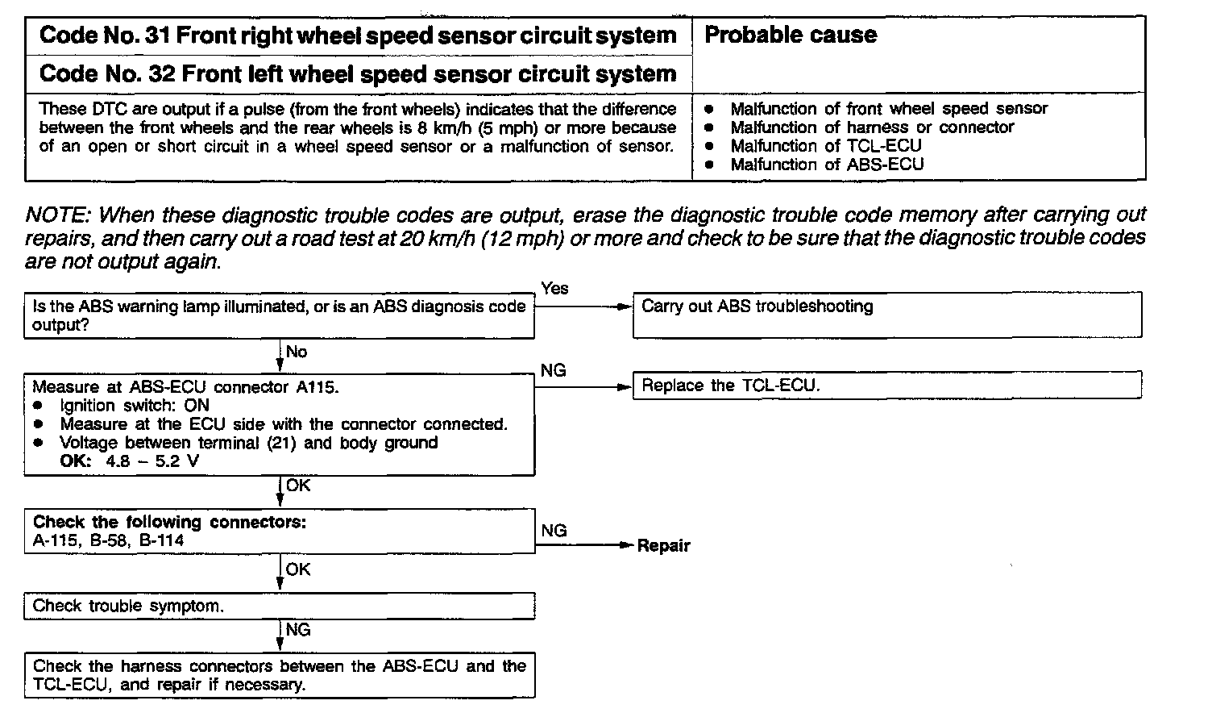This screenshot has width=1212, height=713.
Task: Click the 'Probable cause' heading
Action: click(x=790, y=35)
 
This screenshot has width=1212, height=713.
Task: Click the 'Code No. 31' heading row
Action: click(x=358, y=35)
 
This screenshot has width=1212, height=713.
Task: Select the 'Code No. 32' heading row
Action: click(x=358, y=74)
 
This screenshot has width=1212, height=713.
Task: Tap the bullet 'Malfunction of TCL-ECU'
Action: click(x=825, y=146)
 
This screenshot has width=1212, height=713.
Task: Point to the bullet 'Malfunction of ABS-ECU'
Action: click(x=826, y=165)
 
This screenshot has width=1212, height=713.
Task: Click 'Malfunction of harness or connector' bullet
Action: click(x=871, y=127)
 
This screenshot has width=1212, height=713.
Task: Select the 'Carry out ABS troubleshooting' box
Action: click(x=886, y=314)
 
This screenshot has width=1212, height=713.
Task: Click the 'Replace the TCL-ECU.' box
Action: click(x=886, y=385)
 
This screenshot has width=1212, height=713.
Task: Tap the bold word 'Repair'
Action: click(x=663, y=546)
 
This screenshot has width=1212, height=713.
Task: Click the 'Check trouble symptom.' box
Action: click(x=279, y=606)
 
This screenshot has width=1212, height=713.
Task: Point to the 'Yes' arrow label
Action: click(x=554, y=289)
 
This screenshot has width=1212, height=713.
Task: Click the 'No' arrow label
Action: click(x=297, y=352)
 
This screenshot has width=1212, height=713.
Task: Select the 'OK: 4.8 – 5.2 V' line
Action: click(x=129, y=461)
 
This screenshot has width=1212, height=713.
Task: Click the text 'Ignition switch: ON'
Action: click(x=134, y=405)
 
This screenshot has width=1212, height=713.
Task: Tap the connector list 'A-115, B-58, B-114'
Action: click(x=108, y=540)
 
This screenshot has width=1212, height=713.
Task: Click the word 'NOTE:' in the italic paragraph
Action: click(x=58, y=215)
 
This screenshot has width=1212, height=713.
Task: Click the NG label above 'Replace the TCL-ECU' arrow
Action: click(x=553, y=370)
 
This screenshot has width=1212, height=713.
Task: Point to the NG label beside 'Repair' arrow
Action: click(x=554, y=531)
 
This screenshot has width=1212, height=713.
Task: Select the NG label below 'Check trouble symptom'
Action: click(x=297, y=630)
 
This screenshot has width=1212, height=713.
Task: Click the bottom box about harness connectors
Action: click(x=279, y=675)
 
